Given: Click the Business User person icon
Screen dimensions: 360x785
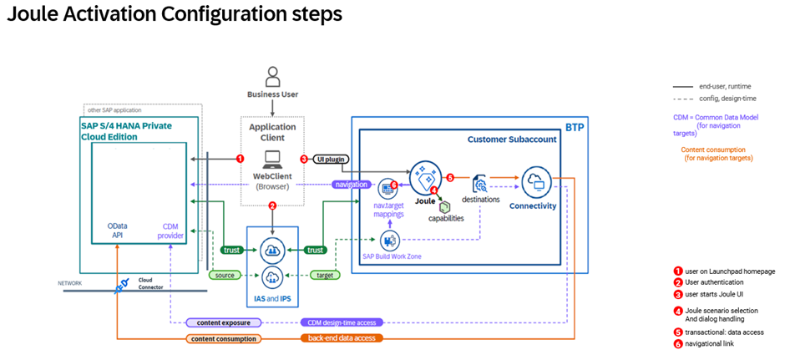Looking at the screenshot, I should [x=272, y=77].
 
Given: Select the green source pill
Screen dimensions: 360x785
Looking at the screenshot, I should [x=224, y=275].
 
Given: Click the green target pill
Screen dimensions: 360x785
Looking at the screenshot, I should [x=324, y=275].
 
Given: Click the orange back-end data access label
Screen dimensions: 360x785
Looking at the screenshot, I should [x=342, y=338].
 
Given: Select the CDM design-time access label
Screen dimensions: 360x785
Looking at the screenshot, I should [x=342, y=322].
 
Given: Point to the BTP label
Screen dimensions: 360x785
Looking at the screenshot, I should [x=575, y=128].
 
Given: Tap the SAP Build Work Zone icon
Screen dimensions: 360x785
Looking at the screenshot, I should [x=386, y=241].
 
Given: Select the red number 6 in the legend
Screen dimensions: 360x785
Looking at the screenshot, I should [x=678, y=344].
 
